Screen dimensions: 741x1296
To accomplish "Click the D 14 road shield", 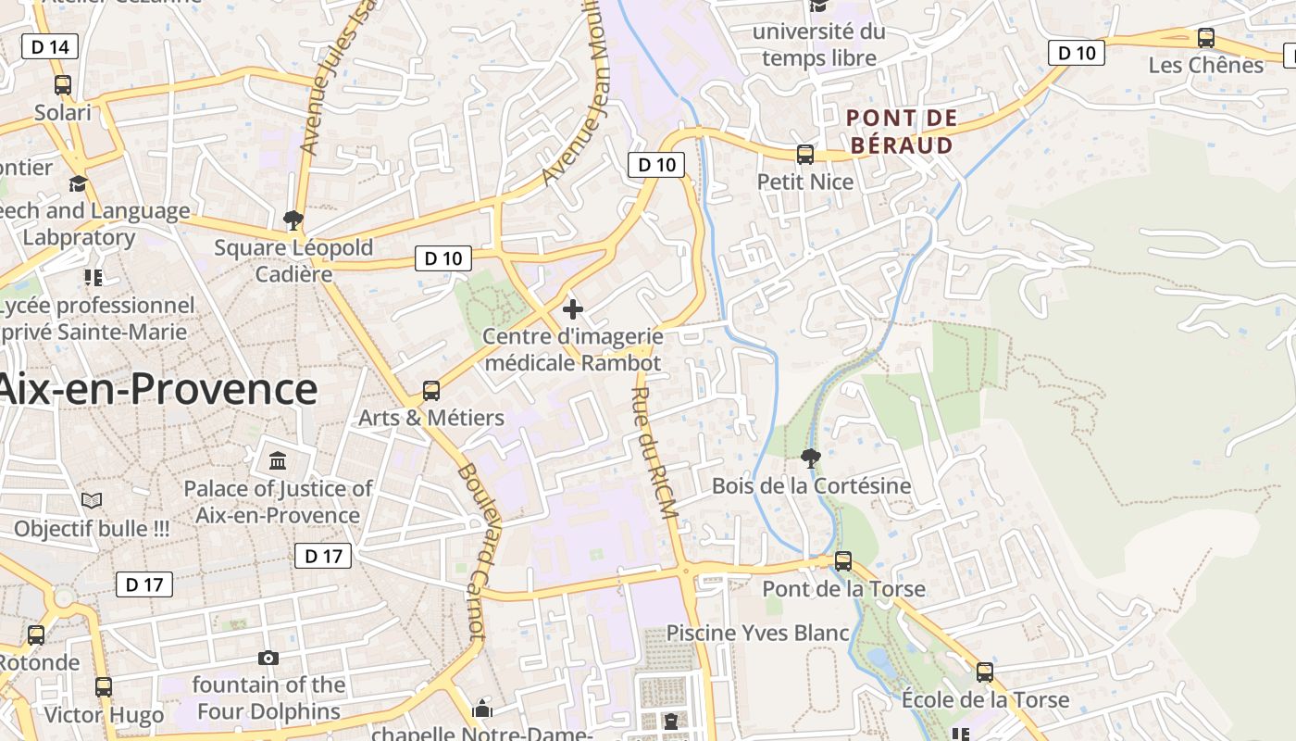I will pos(49,46).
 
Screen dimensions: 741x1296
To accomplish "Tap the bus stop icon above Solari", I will pos(63,85).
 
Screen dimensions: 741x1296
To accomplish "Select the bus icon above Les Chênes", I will pos(1205,38).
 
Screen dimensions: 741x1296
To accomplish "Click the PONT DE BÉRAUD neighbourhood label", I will pos(902,132).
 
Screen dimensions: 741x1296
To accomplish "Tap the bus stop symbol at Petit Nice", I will pos(805,155).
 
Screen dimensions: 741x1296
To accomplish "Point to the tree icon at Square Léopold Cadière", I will pos(293,220).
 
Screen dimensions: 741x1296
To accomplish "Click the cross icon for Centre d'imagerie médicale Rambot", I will pos(573,308).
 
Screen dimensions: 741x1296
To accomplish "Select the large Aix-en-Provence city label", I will pos(157,389).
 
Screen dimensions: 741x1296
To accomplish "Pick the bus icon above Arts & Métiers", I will pos(431,391).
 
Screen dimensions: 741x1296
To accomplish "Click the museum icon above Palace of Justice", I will pos(277,461).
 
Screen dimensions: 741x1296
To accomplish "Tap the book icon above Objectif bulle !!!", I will pos(91,501).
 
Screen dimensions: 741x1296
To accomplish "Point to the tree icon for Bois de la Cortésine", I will pos(810,458).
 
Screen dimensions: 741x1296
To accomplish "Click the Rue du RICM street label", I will pos(656,459).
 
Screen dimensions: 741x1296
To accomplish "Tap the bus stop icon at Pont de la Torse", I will pos(843,561).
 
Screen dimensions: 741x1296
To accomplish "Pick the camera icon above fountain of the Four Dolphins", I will pos(268,658).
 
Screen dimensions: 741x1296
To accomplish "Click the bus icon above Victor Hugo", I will pos(104,687).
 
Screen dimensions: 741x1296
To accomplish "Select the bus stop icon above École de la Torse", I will pos(985,672).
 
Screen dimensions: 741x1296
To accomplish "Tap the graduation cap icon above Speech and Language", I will pos(78,183).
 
